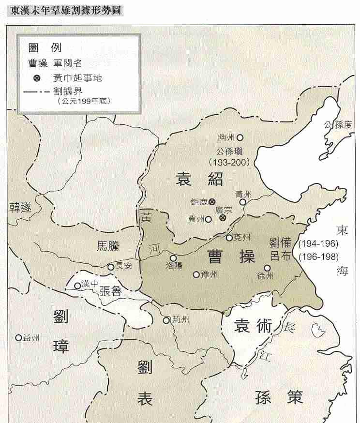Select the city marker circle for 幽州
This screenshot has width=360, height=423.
coord(240,137)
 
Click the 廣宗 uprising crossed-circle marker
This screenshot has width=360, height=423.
coord(223,218)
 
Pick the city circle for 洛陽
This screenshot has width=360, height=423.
coord(173,258)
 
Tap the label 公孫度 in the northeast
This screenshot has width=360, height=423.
coord(338,124)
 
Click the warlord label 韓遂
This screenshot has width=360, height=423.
coord(20,208)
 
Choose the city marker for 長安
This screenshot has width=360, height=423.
coord(111,267)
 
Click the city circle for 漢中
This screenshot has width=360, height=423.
coord(77,286)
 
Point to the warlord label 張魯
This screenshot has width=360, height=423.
coord(112,291)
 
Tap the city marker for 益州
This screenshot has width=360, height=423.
coord(18,337)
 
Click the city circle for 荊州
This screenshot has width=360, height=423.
coord(166,320)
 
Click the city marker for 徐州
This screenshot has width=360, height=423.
coord(267,267)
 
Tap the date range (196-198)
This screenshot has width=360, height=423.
coord(318,257)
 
